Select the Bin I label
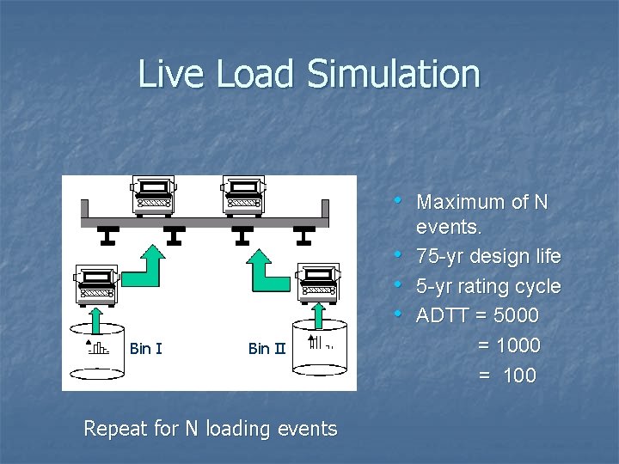point(145,348)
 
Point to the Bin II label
point(267,348)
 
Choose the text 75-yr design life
point(488,257)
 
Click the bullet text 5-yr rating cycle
point(488,286)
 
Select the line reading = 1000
point(508,345)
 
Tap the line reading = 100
point(507,375)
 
